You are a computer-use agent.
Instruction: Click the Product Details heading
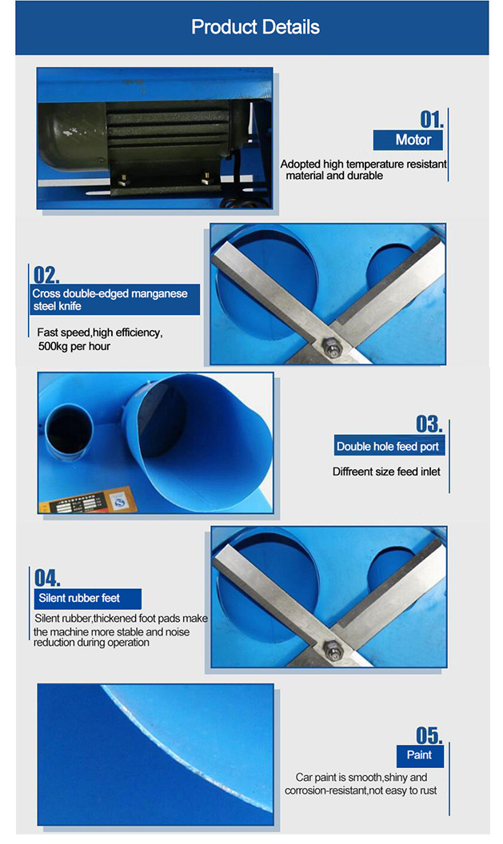click(x=255, y=27)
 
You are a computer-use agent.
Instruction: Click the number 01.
click(x=431, y=120)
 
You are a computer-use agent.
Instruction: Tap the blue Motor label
click(x=413, y=140)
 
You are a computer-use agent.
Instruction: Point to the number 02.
click(x=46, y=276)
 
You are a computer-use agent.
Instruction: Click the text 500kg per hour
click(x=74, y=346)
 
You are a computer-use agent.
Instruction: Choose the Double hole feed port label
click(x=388, y=447)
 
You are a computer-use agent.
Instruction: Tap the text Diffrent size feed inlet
click(x=386, y=472)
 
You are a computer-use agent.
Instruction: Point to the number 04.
click(x=47, y=578)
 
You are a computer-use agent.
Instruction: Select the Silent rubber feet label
click(x=88, y=598)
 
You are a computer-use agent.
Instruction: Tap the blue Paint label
click(x=419, y=755)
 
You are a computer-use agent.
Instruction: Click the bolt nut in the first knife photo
click(x=328, y=347)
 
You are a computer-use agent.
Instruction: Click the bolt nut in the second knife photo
click(x=329, y=650)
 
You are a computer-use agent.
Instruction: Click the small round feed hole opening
click(x=68, y=436)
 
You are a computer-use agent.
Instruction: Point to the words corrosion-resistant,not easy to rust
click(x=361, y=790)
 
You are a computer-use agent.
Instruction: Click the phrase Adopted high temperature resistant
click(x=363, y=165)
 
